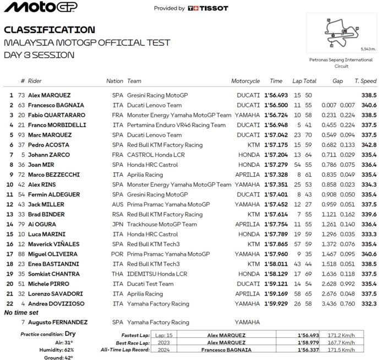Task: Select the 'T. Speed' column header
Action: (x=365, y=81)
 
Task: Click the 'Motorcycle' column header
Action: (x=245, y=81)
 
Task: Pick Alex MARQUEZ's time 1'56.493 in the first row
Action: (x=276, y=95)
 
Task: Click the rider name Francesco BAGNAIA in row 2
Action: (x=54, y=105)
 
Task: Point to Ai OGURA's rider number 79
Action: (x=21, y=224)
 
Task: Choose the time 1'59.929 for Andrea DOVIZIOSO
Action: (x=276, y=303)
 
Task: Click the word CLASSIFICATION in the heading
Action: (x=49, y=30)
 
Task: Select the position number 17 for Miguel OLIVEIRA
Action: (x=9, y=254)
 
